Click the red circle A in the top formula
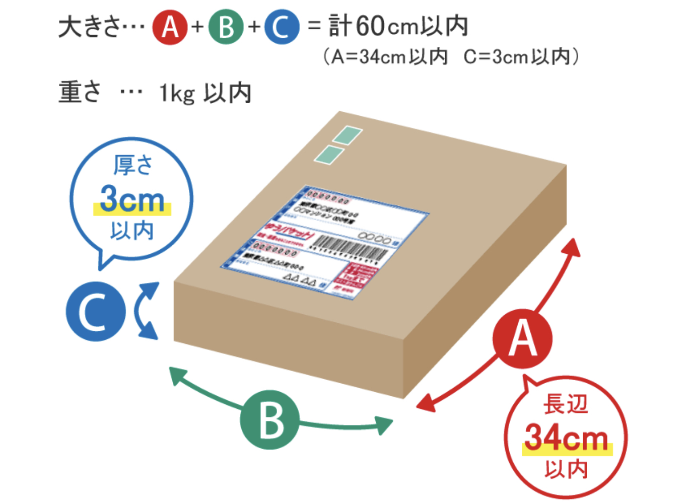170,27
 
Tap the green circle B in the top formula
226,27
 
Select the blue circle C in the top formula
282,27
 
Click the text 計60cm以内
398,26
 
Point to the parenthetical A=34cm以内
385,57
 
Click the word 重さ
80,92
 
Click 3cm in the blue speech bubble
132,199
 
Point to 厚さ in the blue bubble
132,165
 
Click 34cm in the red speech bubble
567,438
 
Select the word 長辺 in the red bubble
566,404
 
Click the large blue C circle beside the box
95,311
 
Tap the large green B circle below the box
269,419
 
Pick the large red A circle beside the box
522,339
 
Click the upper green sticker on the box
348,135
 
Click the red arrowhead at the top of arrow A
572,247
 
